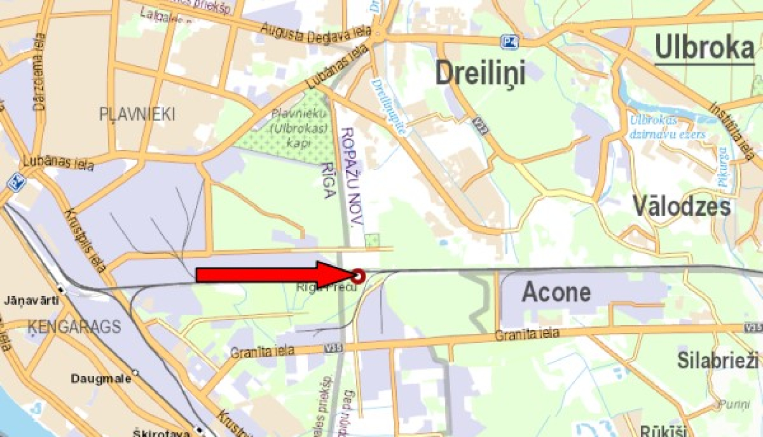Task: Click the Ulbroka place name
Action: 704,48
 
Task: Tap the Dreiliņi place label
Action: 480,73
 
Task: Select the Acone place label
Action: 556,292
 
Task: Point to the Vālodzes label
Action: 681,206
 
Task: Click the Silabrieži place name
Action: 717,360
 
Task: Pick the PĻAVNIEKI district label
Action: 137,114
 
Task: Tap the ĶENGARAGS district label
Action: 74,326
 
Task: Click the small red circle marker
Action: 359,276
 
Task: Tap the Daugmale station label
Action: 101,379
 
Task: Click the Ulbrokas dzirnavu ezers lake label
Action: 667,127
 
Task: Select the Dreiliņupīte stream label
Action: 389,106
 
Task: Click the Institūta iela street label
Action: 732,131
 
